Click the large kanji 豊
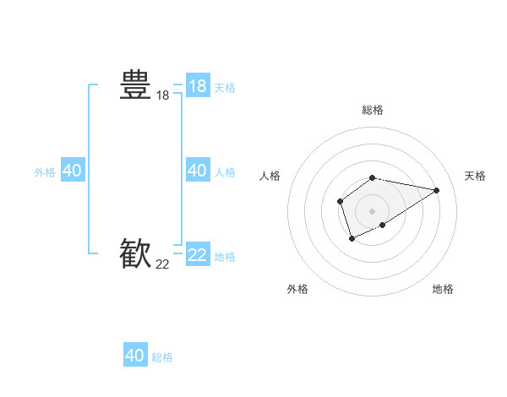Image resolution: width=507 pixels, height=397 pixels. click(x=135, y=85)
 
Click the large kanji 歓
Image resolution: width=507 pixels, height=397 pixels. click(x=135, y=253)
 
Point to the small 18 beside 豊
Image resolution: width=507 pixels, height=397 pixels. click(x=162, y=96)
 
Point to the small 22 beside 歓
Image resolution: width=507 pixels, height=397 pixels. click(x=162, y=264)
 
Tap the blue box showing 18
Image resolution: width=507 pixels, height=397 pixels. click(x=197, y=86)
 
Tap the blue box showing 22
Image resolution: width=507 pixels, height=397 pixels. click(x=197, y=254)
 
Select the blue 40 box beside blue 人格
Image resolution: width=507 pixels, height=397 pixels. click(x=197, y=171)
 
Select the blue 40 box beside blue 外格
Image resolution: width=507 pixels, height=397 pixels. click(x=72, y=171)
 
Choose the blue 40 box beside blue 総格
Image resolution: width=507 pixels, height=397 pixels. click(x=135, y=356)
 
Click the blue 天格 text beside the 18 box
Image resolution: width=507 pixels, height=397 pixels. click(x=225, y=88)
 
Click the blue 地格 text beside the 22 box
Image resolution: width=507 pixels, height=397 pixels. click(x=225, y=257)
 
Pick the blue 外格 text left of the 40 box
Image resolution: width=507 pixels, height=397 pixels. click(x=45, y=172)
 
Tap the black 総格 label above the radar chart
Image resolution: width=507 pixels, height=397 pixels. click(x=373, y=110)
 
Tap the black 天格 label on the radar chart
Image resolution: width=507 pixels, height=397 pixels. click(x=475, y=176)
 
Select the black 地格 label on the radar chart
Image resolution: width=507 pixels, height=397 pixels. click(x=443, y=289)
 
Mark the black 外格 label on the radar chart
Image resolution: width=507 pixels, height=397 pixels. click(x=297, y=289)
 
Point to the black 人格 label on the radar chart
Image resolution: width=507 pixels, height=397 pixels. click(x=270, y=176)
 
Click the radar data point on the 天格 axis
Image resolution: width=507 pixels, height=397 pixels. click(x=436, y=190)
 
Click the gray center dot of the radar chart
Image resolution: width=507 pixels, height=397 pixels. click(x=373, y=210)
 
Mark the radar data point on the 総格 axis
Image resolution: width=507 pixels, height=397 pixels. click(x=373, y=177)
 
